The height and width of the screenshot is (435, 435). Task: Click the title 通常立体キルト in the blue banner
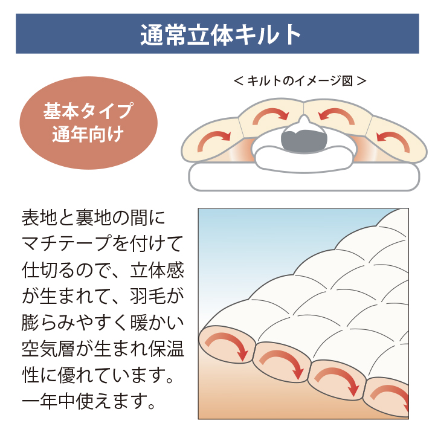(x=221, y=34)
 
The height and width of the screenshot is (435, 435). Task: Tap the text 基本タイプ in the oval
(x=88, y=111)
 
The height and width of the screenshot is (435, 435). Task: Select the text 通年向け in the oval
(x=88, y=134)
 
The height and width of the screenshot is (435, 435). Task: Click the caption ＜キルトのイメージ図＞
(x=300, y=81)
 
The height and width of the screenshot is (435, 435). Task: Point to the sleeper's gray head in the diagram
(x=303, y=141)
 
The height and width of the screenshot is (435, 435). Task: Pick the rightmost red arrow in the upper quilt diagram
(x=394, y=139)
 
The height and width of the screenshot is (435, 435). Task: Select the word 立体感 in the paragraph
(x=156, y=269)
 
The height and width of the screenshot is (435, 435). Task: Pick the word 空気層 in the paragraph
(x=48, y=349)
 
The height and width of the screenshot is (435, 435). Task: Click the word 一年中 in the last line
(x=48, y=401)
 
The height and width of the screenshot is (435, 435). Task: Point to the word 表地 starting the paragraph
(x=40, y=217)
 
